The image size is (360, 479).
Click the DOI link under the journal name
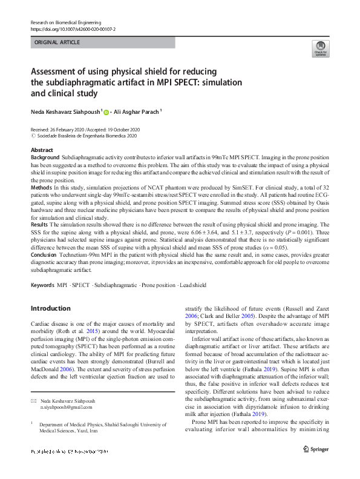(x=73, y=29)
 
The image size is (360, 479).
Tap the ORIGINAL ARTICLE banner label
(x=57, y=42)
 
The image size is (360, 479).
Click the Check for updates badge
(x=320, y=49)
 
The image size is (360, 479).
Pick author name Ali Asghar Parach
(x=138, y=111)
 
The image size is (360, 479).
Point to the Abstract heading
(x=42, y=150)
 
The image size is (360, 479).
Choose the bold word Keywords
(x=42, y=285)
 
